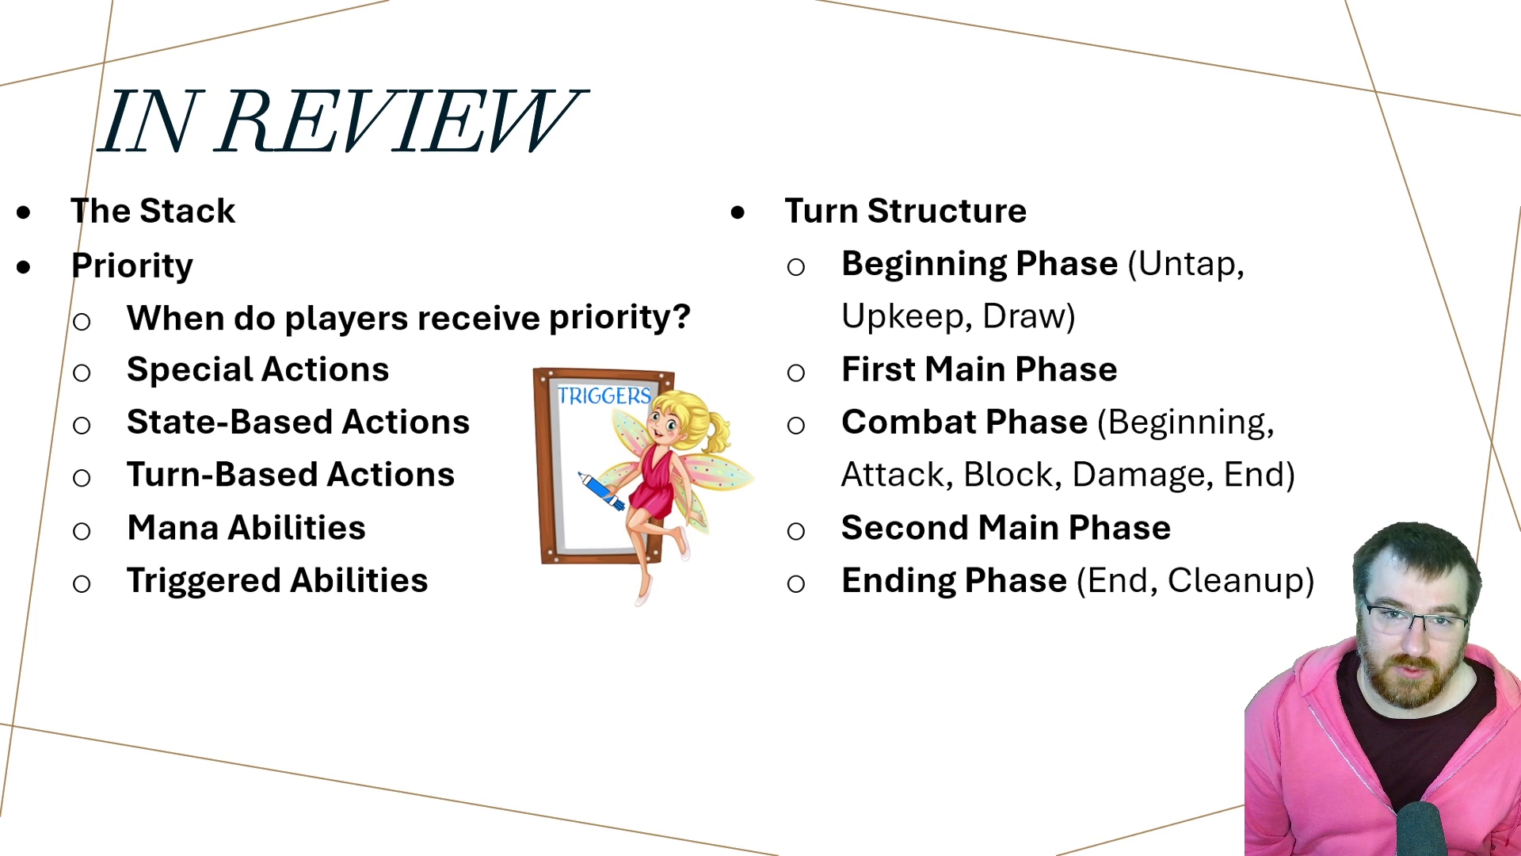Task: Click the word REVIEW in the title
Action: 400,121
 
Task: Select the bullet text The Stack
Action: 153,211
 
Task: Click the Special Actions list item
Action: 257,369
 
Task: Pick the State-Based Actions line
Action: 298,422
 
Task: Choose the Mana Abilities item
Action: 246,528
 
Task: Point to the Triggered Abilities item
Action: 277,581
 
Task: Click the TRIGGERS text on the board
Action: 604,396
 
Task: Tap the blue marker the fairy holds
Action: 601,491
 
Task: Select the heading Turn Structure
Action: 905,211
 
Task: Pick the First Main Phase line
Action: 979,369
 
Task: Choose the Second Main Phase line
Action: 1006,528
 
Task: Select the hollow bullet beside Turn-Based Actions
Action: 82,478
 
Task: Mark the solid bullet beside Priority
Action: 24,267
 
